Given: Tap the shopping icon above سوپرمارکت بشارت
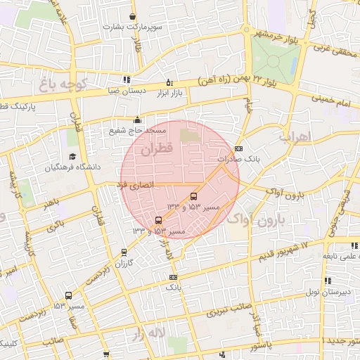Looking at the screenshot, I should (133, 15).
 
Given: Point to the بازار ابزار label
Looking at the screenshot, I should (168, 93).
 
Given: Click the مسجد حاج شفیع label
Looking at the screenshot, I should (137, 130).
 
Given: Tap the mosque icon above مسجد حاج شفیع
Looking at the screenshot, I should (137, 120).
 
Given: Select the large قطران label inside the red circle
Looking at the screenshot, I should (155, 150).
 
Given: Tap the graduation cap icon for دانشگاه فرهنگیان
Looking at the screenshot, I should (72, 156).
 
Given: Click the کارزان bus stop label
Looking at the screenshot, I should (124, 262).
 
